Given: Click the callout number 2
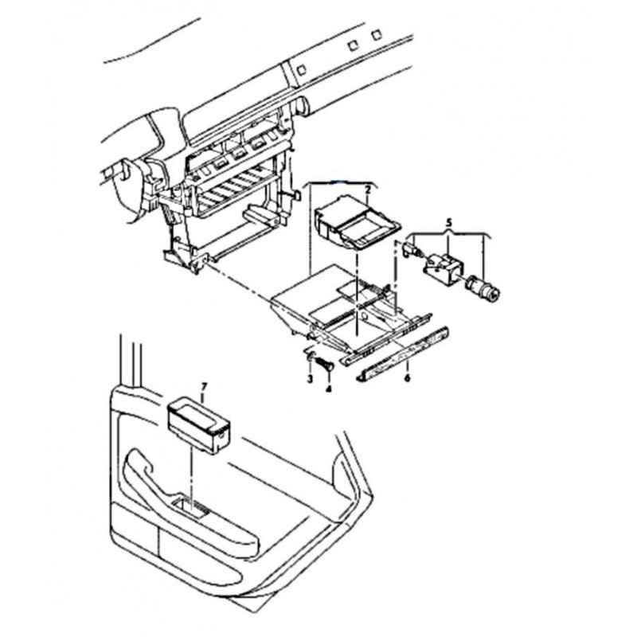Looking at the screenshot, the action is [368, 190].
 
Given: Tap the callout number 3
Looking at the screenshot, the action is [310, 380].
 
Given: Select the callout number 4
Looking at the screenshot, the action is [329, 389].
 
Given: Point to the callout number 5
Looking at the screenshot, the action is [448, 223].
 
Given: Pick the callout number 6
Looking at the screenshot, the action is [408, 378].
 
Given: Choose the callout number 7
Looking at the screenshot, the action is [205, 385].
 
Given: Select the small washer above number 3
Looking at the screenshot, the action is [310, 356].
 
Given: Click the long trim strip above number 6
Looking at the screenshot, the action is [402, 354].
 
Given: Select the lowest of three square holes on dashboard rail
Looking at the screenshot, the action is [301, 70].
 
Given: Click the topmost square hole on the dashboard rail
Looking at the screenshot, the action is [377, 33].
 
